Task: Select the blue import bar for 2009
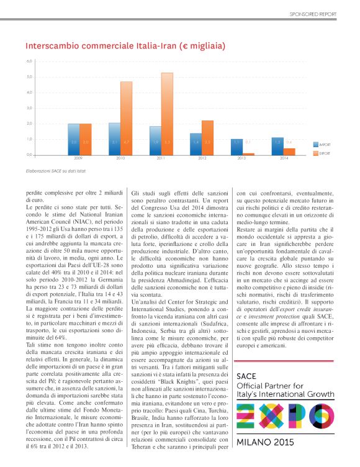(x=73, y=139)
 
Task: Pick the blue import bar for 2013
(x=236, y=147)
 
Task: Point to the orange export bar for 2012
(x=207, y=137)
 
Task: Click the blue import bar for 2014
(x=277, y=146)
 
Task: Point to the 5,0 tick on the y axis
(x=29, y=77)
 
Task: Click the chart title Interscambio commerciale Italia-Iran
(x=125, y=46)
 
